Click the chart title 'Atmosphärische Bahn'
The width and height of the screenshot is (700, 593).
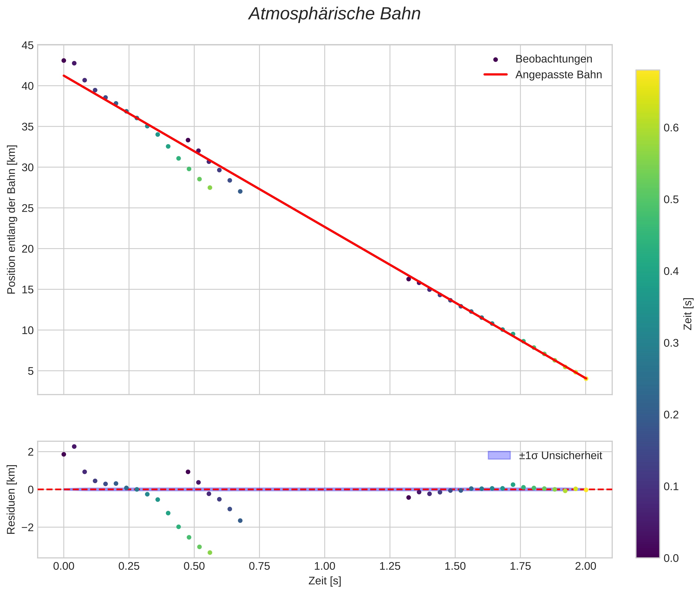click(334, 14)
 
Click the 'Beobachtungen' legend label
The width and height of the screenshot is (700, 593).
click(553, 59)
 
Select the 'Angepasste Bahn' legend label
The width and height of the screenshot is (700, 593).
click(558, 75)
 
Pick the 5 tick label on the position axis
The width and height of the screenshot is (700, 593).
click(31, 371)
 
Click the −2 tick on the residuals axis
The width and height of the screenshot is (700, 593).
click(26, 527)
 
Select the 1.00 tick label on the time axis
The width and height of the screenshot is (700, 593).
click(325, 566)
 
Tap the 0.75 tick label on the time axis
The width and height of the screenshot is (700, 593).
click(259, 566)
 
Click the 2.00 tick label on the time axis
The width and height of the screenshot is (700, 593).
click(586, 566)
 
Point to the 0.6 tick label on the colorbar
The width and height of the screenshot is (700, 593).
click(671, 128)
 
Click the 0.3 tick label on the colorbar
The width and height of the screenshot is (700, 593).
click(671, 343)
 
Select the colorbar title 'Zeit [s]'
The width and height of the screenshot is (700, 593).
click(688, 314)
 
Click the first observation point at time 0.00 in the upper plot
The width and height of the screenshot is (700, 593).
click(64, 60)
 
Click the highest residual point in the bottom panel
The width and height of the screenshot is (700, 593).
click(74, 446)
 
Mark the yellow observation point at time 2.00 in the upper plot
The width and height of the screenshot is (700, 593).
click(586, 379)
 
